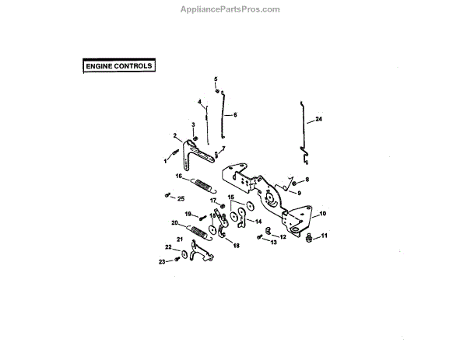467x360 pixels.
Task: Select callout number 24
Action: tap(318, 120)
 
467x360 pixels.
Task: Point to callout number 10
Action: tap(323, 213)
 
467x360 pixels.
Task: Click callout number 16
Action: tap(179, 177)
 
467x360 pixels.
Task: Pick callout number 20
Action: tap(174, 222)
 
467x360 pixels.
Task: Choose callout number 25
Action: tap(181, 199)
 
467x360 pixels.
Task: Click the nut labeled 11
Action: tap(309, 237)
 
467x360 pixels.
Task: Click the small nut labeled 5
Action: tap(218, 91)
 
